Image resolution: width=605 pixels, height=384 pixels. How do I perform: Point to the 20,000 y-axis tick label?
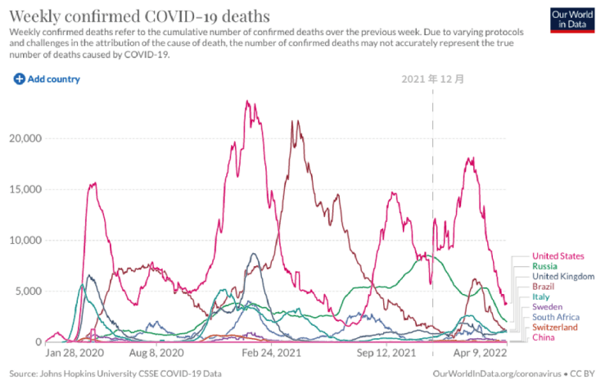(25, 138)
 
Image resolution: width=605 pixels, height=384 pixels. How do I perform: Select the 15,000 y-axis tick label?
(25, 189)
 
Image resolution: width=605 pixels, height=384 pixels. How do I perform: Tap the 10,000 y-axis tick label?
(25, 240)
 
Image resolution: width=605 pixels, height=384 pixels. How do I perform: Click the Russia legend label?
(545, 266)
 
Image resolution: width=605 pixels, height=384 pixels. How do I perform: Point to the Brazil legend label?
(544, 287)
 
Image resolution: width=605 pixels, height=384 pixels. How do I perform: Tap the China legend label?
(544, 337)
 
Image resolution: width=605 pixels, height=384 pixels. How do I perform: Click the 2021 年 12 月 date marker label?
(433, 79)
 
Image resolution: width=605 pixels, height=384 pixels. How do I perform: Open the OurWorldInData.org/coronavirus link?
(495, 373)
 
